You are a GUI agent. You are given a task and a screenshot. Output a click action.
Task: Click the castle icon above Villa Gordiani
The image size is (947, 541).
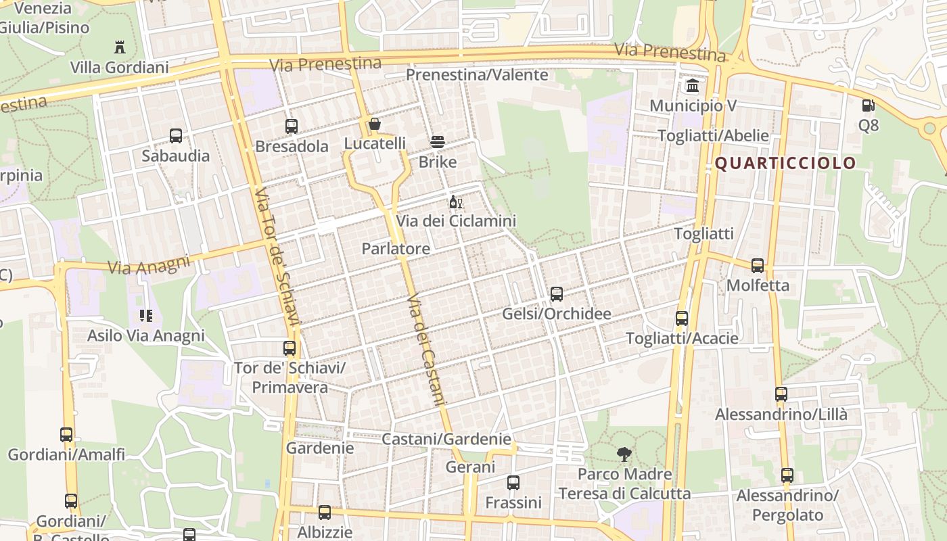tap(120, 47)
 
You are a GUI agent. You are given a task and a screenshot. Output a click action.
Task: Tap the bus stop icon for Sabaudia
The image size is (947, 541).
tap(176, 136)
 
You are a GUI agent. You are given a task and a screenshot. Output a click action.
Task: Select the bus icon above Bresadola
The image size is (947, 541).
tap(292, 126)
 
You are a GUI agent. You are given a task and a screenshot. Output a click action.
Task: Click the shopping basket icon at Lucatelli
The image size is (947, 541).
tap(375, 124)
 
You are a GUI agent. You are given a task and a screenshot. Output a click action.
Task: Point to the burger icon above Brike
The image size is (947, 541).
tap(438, 142)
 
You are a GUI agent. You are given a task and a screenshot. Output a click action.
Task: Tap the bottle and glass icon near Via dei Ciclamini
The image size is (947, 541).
tap(456, 202)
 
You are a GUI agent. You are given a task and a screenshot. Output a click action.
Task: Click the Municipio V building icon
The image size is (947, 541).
tap(693, 86)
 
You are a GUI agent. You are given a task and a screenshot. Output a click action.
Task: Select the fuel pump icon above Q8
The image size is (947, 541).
tap(868, 105)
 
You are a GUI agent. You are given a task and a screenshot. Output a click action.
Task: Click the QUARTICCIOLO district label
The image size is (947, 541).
tap(785, 163)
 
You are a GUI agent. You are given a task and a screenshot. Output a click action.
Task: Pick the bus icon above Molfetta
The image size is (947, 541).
tap(758, 266)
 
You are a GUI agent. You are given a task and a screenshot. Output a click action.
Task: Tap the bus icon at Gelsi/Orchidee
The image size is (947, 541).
tap(557, 294)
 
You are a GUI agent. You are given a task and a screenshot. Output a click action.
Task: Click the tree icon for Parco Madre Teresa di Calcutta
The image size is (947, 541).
tap(624, 454)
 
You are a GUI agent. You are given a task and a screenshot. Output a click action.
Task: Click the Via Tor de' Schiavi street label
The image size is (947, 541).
tap(276, 257)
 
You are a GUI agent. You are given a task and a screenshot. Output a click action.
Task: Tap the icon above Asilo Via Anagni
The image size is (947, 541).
tap(146, 316)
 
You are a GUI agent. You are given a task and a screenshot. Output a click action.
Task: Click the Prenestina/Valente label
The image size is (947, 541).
tap(477, 75)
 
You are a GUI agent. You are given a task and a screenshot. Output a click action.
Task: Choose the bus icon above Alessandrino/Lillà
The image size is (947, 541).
tap(781, 394)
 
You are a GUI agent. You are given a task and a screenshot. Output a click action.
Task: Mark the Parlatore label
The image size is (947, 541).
tap(396, 249)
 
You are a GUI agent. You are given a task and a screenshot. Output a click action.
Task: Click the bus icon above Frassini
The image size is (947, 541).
tap(513, 483)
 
